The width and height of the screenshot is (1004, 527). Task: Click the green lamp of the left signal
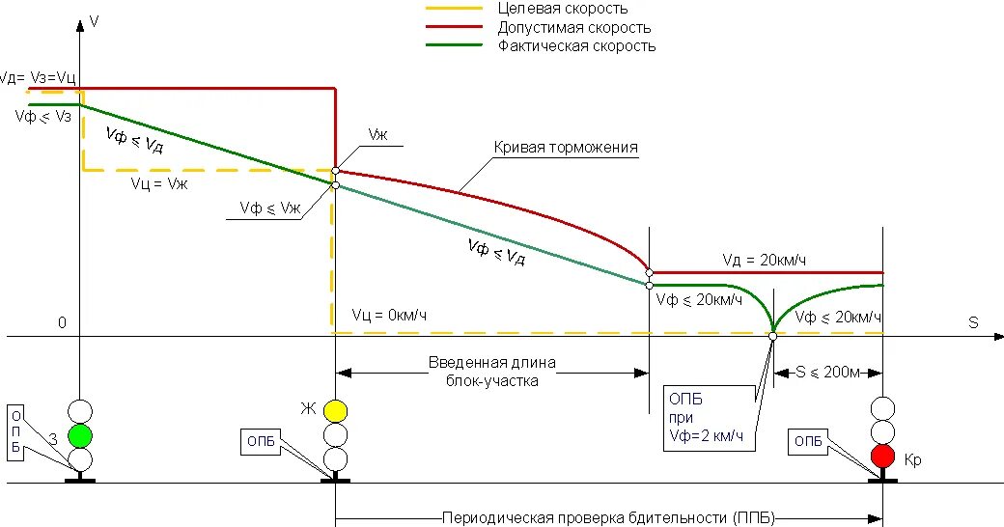pyautogui.click(x=79, y=433)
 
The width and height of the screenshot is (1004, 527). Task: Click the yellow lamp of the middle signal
pyautogui.click(x=335, y=410)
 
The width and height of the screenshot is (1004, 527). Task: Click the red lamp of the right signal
pyautogui.click(x=882, y=456)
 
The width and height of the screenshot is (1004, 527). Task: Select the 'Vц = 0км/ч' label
pyautogui.click(x=389, y=315)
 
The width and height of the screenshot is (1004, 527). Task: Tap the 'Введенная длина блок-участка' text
pyautogui.click(x=492, y=372)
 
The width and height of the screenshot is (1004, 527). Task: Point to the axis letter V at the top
pyautogui.click(x=94, y=19)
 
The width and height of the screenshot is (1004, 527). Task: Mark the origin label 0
pyautogui.click(x=62, y=322)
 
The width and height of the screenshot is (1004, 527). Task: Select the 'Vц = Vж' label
pyautogui.click(x=159, y=183)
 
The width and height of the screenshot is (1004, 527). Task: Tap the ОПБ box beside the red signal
pyautogui.click(x=808, y=442)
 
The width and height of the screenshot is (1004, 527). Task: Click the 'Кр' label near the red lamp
pyautogui.click(x=913, y=460)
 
